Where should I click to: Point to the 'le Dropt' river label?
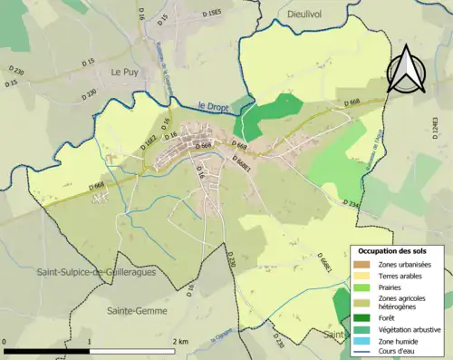(212, 105)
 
